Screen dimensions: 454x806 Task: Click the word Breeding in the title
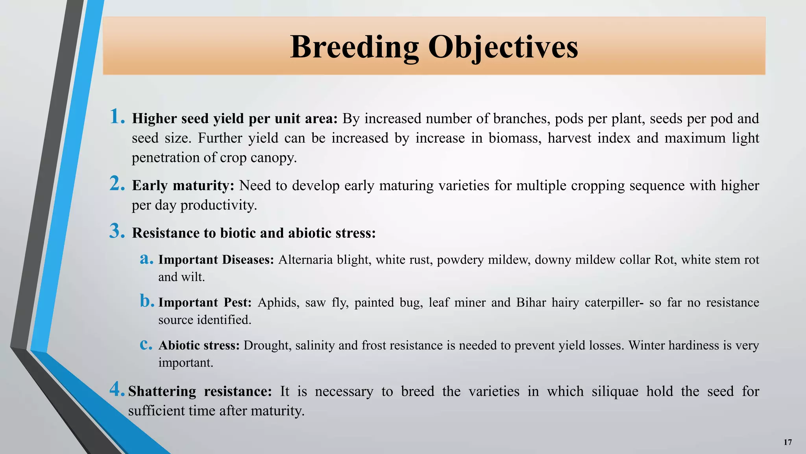coord(354,47)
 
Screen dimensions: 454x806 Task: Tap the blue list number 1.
coord(116,117)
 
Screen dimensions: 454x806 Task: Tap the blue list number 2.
coord(117,184)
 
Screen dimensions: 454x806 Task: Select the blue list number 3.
coord(117,231)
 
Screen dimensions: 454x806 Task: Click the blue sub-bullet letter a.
coord(146,259)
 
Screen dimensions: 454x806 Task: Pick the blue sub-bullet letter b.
coord(146,301)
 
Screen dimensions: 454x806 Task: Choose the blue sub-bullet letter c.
coord(146,344)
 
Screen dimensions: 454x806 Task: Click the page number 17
coord(788,442)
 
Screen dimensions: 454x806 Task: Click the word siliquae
coord(615,392)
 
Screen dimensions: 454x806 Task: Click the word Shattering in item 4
coord(162,392)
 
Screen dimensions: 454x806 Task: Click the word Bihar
coord(531,303)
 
